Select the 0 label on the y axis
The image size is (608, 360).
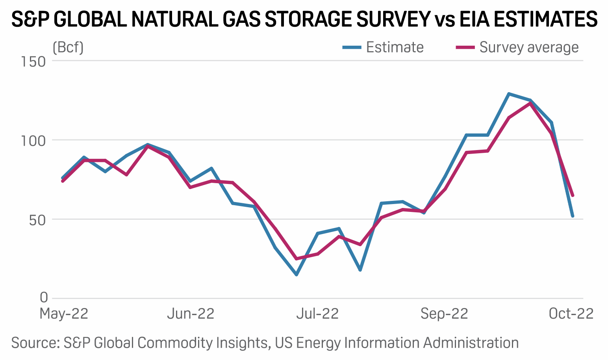(x=44, y=297)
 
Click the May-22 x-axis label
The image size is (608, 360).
(x=64, y=314)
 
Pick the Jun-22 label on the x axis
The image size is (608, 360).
(x=191, y=314)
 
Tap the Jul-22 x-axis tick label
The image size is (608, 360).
(x=317, y=314)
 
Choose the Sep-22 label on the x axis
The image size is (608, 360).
(x=444, y=314)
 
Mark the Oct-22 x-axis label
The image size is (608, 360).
(x=571, y=314)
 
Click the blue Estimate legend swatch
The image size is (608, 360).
(x=352, y=48)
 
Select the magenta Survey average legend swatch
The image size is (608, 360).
(x=465, y=48)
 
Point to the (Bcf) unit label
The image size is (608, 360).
(x=68, y=48)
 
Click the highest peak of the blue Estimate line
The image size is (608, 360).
(x=509, y=94)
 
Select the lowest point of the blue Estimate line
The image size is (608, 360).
(x=296, y=275)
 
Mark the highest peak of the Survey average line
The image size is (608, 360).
(x=530, y=103)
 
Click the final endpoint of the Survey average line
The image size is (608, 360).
(x=573, y=195)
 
